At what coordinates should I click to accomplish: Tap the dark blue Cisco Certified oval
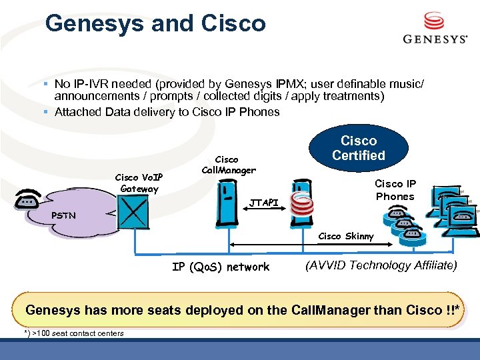tap(359, 148)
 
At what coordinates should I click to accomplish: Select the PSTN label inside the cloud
tap(64, 215)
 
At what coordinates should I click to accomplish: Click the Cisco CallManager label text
tap(227, 165)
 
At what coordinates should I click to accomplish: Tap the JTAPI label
tap(263, 202)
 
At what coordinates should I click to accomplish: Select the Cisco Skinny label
tap(346, 236)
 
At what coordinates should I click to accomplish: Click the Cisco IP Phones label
tap(395, 190)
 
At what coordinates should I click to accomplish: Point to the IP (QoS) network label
tap(221, 267)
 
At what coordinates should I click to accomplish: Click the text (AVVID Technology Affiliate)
tap(381, 265)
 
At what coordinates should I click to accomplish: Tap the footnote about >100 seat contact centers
tap(74, 333)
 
